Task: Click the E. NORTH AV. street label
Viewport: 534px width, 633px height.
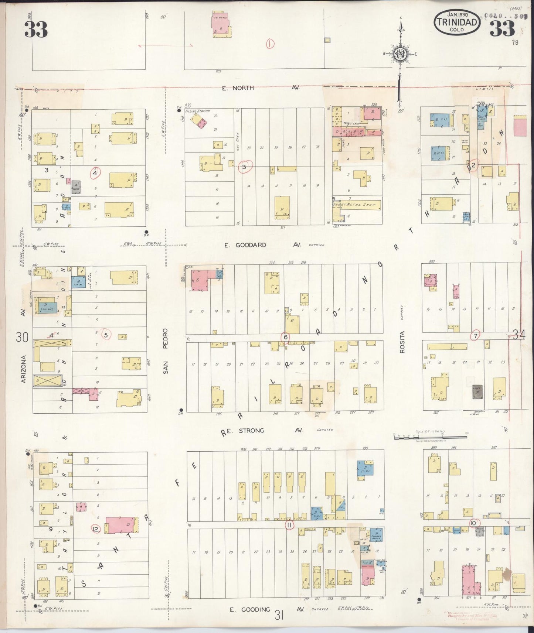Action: pyautogui.click(x=261, y=88)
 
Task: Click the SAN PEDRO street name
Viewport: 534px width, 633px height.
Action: pyautogui.click(x=165, y=351)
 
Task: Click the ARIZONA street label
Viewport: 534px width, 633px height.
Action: pyautogui.click(x=23, y=369)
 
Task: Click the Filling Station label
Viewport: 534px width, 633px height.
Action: pyautogui.click(x=199, y=111)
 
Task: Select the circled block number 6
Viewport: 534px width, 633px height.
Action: pyautogui.click(x=285, y=337)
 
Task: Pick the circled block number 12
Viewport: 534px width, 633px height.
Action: pyautogui.click(x=96, y=530)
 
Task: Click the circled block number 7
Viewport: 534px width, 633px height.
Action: pyautogui.click(x=475, y=336)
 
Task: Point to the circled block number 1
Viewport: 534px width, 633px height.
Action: pyautogui.click(x=271, y=44)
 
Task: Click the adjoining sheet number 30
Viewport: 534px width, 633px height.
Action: pyautogui.click(x=22, y=336)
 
